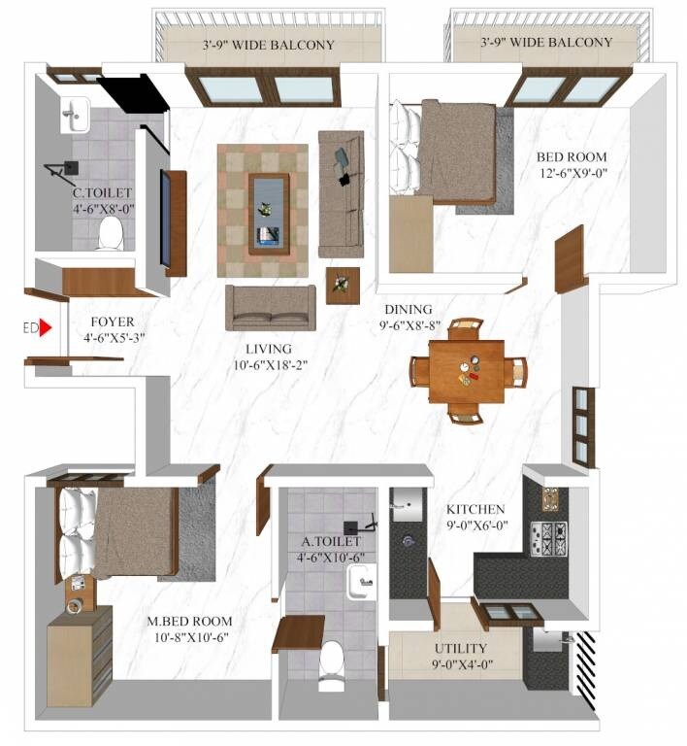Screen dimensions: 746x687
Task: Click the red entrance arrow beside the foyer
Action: (45, 329)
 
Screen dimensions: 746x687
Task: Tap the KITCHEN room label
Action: (474, 509)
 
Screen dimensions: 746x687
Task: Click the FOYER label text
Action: (113, 322)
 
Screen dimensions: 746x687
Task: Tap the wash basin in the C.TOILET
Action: (74, 116)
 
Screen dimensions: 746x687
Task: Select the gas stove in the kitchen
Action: (548, 536)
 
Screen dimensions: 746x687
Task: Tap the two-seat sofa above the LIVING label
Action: (271, 308)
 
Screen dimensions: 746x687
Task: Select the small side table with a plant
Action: (342, 285)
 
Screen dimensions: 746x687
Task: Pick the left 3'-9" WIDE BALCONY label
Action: (268, 45)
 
